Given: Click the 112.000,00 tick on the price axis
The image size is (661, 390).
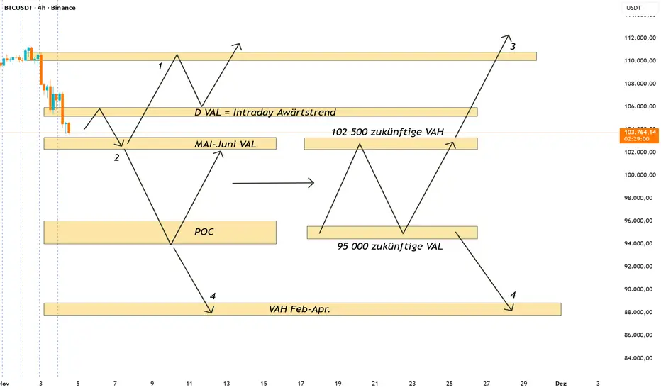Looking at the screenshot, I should (x=638, y=38).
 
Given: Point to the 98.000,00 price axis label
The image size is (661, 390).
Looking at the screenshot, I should (x=638, y=198).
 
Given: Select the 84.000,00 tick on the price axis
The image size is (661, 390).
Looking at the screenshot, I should (x=638, y=357).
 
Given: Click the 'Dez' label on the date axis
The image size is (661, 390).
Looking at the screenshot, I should (x=560, y=383).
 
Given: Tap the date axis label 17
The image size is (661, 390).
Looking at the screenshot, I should (x=301, y=383).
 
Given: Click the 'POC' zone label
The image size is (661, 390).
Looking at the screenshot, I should (x=204, y=233).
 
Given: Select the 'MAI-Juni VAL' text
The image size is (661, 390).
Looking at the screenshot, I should (x=225, y=144).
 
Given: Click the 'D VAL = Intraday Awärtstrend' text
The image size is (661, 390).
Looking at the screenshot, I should (x=265, y=112).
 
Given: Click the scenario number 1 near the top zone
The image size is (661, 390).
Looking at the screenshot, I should (x=160, y=66).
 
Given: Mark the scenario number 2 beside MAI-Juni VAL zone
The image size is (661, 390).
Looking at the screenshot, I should (x=116, y=157).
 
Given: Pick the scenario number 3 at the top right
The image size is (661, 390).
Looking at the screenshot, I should (x=513, y=47).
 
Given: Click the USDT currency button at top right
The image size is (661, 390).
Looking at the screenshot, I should (x=633, y=8).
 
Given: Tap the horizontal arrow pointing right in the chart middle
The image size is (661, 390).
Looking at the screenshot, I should (x=273, y=184).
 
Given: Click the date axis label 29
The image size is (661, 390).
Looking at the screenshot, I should (x=523, y=383).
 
